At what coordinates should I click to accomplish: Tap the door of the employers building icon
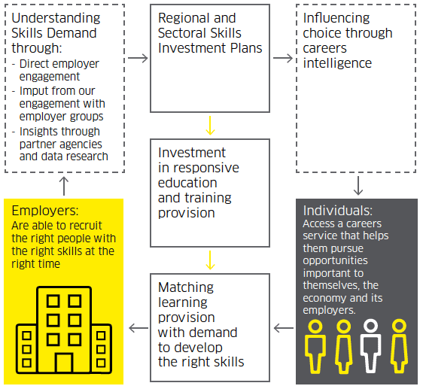click(x=64, y=363)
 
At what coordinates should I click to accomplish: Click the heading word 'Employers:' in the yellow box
click(x=45, y=211)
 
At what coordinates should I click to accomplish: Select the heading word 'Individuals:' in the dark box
click(x=338, y=211)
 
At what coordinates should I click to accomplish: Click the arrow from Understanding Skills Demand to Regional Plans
click(x=138, y=58)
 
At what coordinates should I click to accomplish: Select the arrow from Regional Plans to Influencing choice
click(x=283, y=58)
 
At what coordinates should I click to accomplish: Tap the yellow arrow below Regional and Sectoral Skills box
click(x=210, y=126)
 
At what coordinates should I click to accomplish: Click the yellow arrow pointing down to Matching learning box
click(x=210, y=260)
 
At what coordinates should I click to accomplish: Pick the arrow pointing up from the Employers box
click(x=64, y=186)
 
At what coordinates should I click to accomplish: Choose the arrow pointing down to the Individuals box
click(x=358, y=186)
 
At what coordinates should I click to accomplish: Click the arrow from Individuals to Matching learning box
click(x=284, y=328)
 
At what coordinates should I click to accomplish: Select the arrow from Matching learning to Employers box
click(x=138, y=328)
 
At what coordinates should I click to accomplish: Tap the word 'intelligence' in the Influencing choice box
click(x=337, y=63)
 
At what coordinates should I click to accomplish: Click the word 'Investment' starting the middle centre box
click(x=192, y=153)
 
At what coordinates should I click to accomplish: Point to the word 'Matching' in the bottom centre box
click(x=186, y=288)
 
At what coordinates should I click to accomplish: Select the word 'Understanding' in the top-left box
click(x=56, y=19)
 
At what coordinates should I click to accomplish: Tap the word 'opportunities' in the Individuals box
click(x=335, y=261)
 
